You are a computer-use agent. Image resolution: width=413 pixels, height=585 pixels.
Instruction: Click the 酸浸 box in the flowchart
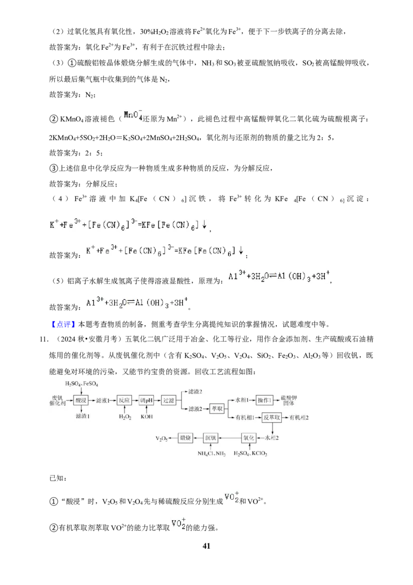81,401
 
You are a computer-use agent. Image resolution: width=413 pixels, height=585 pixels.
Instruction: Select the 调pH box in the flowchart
147,401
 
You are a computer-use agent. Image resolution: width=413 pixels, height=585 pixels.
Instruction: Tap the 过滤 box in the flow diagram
168,401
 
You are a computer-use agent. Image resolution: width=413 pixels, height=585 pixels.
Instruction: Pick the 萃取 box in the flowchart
217,409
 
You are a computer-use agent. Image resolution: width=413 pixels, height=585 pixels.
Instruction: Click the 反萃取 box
272,417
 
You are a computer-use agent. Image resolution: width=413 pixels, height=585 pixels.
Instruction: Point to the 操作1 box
265,400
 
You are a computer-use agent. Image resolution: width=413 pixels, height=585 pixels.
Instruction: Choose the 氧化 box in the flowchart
249,438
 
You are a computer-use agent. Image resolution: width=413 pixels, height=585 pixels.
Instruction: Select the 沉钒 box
211,438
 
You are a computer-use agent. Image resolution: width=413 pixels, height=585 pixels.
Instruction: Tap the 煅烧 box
185,438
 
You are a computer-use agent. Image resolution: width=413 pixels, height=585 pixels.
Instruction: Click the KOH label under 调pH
147,417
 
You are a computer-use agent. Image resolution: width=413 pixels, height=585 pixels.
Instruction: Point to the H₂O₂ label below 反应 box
125,417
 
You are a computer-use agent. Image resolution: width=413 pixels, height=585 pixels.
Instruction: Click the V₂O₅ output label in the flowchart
162,438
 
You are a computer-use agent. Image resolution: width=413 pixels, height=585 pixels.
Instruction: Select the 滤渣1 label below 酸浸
83,416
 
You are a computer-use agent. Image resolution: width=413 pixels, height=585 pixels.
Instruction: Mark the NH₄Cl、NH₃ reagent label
211,454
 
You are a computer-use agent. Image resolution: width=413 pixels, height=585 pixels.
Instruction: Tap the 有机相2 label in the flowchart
299,418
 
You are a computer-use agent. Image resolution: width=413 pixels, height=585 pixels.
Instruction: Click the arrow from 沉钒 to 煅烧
198,438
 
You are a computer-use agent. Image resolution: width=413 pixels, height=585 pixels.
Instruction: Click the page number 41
206,546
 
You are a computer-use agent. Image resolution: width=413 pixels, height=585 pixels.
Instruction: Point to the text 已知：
58,479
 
